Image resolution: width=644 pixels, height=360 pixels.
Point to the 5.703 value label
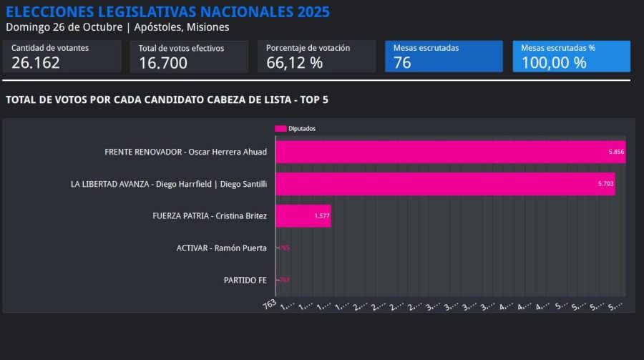click(605, 184)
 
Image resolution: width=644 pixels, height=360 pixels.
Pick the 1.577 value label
click(322, 215)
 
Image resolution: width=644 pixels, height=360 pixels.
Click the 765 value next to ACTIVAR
click(285, 248)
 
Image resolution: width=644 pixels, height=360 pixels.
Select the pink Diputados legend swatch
click(280, 129)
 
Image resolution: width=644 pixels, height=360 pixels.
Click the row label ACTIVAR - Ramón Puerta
click(221, 248)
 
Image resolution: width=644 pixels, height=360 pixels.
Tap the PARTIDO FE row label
click(245, 280)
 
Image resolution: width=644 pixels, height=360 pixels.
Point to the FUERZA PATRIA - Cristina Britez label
click(210, 215)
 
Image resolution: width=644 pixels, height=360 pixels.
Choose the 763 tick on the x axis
click(270, 304)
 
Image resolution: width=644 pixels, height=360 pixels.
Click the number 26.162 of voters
click(36, 63)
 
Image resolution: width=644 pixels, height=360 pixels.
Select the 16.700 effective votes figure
click(163, 63)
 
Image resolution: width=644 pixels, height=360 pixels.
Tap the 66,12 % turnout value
click(294, 63)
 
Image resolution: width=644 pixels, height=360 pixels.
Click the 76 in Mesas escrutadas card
click(402, 63)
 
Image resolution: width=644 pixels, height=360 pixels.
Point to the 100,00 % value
click(554, 63)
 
